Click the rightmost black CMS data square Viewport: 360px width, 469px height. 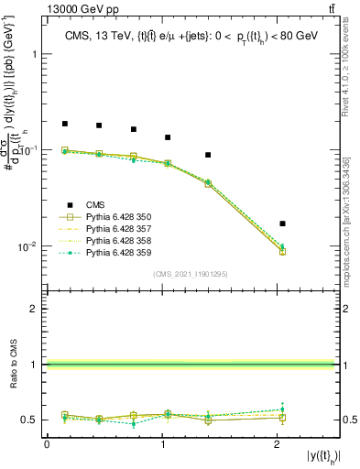[x=282, y=224]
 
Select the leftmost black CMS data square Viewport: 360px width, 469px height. [x=65, y=124]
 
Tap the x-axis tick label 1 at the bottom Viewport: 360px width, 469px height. [x=161, y=445]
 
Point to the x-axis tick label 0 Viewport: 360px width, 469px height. [x=47, y=445]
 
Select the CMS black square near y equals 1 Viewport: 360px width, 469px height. [x=168, y=137]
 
